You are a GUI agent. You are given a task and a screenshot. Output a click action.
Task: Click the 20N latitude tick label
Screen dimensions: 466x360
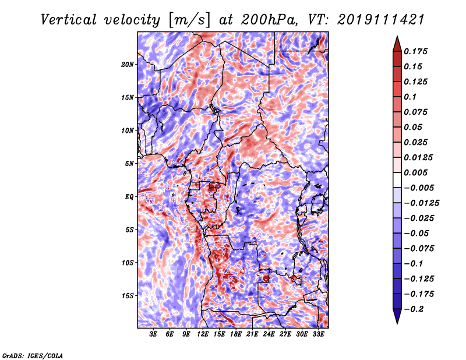pos(128,65)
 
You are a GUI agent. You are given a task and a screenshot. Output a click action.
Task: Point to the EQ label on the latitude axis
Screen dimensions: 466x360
pos(129,197)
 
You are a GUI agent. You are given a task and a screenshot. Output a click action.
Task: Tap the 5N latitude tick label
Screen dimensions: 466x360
pos(129,164)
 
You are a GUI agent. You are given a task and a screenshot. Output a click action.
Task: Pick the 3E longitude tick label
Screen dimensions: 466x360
pos(153,334)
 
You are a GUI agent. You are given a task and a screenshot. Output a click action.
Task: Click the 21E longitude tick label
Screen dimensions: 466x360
pos(252,334)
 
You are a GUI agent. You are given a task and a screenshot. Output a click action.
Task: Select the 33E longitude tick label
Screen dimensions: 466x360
pos(318,334)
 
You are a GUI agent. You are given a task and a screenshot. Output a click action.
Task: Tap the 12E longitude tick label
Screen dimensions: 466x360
pos(203,334)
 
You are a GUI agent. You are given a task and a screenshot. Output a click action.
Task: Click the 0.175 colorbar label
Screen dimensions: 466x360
pos(415,51)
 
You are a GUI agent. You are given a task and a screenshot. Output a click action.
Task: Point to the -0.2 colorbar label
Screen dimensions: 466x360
pos(414,309)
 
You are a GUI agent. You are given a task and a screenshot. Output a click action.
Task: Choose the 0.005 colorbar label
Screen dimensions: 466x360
pos(415,172)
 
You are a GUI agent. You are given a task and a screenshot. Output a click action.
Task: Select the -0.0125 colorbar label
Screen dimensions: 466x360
pos(421,203)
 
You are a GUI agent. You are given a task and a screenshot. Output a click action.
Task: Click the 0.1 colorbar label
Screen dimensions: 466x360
pos(410,97)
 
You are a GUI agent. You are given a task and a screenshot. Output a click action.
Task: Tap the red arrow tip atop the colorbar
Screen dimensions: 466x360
pos(397,36)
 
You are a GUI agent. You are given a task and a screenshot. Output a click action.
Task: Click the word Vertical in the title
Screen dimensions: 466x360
pos(68,20)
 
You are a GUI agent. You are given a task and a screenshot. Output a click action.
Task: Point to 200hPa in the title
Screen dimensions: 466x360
pos(269,20)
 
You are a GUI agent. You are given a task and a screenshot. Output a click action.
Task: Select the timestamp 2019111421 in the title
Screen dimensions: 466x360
pos(381,20)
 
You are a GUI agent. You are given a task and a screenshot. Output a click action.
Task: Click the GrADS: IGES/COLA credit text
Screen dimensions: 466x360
pos(33,355)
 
